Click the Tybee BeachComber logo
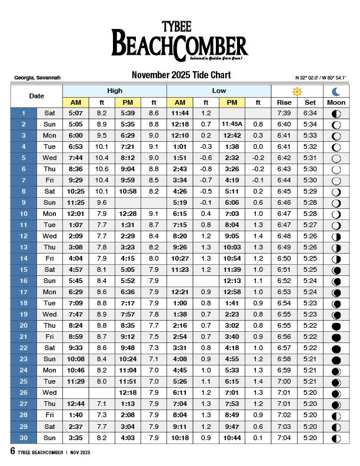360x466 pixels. pyautogui.click(x=179, y=41)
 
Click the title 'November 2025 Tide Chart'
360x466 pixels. pyautogui.click(x=181, y=75)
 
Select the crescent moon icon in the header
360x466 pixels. pyautogui.click(x=336, y=91)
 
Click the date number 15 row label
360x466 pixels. pyautogui.click(x=24, y=269)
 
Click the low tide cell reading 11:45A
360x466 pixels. pyautogui.click(x=232, y=124)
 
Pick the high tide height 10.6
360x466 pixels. pyautogui.click(x=102, y=169)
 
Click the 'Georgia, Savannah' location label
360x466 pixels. pyautogui.click(x=37, y=78)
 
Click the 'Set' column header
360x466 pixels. pyautogui.click(x=310, y=102)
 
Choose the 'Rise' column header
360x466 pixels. pyautogui.click(x=284, y=102)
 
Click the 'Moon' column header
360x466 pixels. pyautogui.click(x=336, y=102)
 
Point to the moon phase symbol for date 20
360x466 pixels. pyautogui.click(x=336, y=325)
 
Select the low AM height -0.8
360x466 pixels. pyautogui.click(x=206, y=169)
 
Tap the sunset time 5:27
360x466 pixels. pyautogui.click(x=310, y=225)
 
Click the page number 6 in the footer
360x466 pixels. pyautogui.click(x=12, y=451)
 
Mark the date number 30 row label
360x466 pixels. pyautogui.click(x=24, y=437)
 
